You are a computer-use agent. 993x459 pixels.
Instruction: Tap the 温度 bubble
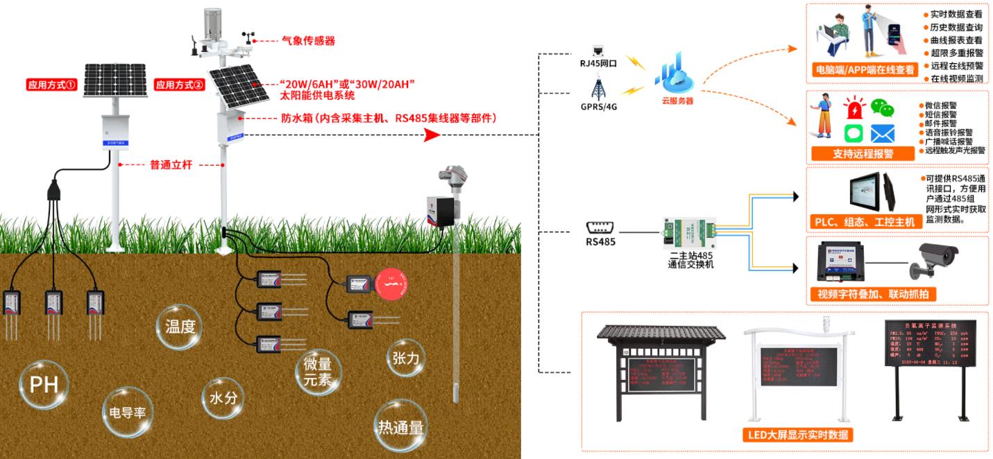tap(180, 327)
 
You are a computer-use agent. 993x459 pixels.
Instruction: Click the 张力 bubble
tap(406, 358)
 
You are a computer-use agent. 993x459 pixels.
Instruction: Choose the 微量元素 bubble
tap(318, 372)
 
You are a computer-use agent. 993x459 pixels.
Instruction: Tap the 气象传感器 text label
tap(308, 41)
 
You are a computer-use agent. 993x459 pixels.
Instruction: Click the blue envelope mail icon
tap(883, 133)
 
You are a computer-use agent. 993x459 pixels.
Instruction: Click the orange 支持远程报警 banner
tap(863, 153)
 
